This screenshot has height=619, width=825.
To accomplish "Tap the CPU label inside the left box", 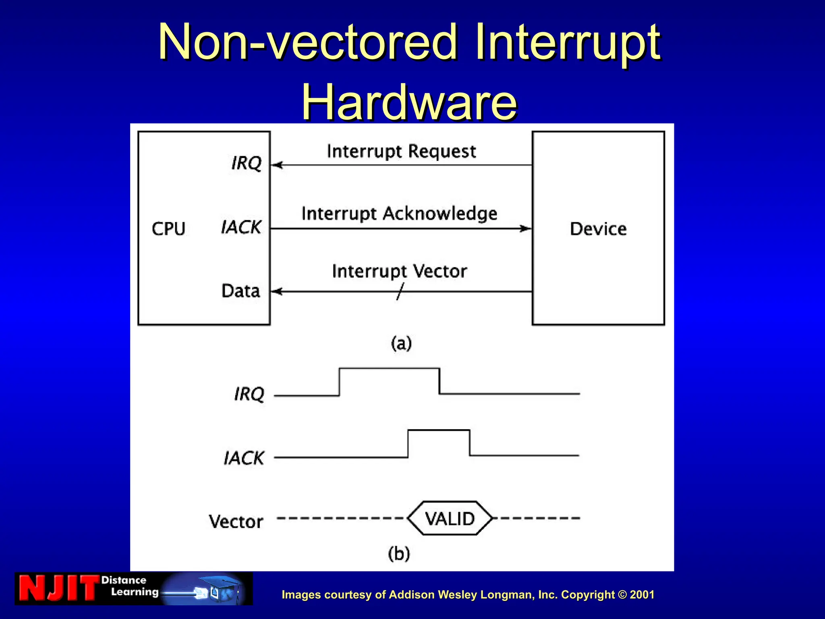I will [168, 229].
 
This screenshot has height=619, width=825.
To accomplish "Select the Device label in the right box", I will [598, 229].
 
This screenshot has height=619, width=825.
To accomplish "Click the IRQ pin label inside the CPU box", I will [246, 163].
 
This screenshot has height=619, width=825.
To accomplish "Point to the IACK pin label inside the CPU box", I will [241, 227].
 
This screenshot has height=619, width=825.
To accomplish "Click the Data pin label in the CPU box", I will [240, 291].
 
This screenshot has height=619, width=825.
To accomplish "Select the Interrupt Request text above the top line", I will [401, 152].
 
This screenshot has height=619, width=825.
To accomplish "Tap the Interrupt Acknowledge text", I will [399, 214].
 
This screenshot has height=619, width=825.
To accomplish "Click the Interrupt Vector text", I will [399, 271].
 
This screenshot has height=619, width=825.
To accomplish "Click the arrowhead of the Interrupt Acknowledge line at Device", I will [525, 228].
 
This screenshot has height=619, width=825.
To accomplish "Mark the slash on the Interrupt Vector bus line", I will [400, 291].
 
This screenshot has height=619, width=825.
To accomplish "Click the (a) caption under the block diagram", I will [401, 343].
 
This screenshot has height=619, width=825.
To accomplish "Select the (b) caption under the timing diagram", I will [399, 553].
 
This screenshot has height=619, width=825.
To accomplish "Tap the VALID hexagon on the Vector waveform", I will [450, 518].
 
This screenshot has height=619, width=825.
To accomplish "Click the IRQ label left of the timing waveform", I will [249, 394].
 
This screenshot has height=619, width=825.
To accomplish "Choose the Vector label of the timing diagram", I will [236, 521].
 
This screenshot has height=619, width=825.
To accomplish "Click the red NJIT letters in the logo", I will [59, 588].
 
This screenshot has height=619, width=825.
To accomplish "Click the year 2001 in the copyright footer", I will [642, 595].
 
